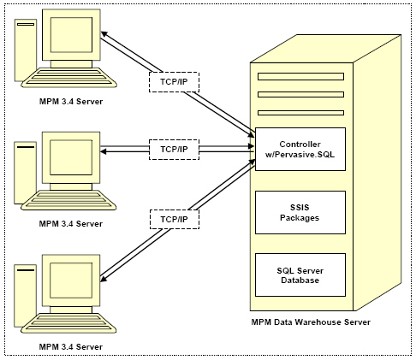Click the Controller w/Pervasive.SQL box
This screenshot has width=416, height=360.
(x=300, y=149)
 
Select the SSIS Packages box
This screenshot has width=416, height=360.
(x=300, y=212)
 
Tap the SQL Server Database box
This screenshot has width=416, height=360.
(x=300, y=274)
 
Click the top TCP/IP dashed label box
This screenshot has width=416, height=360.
(x=174, y=82)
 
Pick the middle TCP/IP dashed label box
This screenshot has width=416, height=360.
(x=174, y=150)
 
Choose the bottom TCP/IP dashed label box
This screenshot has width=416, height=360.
(x=174, y=219)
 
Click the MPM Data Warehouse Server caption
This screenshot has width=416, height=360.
(x=311, y=322)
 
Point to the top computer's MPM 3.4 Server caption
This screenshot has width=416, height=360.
(x=71, y=102)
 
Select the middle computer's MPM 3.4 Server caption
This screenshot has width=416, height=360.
(x=71, y=224)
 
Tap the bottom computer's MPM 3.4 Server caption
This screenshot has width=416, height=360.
(x=71, y=346)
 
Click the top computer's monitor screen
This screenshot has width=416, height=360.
(x=71, y=35)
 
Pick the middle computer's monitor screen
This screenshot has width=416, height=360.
(x=71, y=157)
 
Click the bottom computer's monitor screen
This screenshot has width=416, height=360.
(x=71, y=280)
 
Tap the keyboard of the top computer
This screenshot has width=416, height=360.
(x=68, y=77)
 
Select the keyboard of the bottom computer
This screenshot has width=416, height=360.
(x=68, y=323)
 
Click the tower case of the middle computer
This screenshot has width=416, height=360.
(x=26, y=173)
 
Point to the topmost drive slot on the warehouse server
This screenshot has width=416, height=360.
(x=300, y=76)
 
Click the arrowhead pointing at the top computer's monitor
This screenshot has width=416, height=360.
(x=104, y=33)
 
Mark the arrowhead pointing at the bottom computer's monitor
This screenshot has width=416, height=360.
(x=104, y=279)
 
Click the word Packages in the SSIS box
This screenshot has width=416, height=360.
(x=300, y=218)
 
